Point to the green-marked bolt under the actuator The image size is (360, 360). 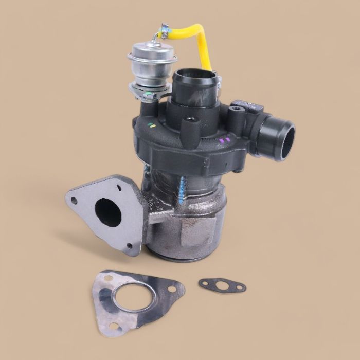[147, 95]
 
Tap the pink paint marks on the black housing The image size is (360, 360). [224, 139]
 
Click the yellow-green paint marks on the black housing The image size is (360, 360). [151, 125]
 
